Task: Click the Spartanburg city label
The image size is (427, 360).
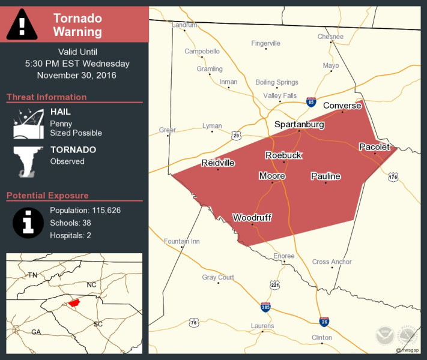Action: pos(299,124)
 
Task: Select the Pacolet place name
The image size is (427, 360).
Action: pos(374,147)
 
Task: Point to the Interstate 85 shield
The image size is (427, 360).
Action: pos(310,102)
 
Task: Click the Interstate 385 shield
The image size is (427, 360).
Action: pos(265,307)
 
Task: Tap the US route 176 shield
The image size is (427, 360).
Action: pos(393,177)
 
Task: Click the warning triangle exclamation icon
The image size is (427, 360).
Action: pos(22,25)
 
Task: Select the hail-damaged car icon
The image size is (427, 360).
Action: pos(29,123)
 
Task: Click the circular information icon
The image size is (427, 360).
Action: pos(28,223)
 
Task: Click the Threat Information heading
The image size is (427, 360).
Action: pos(47,97)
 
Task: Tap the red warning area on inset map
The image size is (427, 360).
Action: pos(73,302)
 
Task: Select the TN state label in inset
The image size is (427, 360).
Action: pos(32,275)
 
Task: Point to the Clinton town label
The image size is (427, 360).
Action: pos(322,337)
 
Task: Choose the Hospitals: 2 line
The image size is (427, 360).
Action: pos(70,235)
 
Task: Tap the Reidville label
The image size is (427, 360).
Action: pos(218,163)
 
